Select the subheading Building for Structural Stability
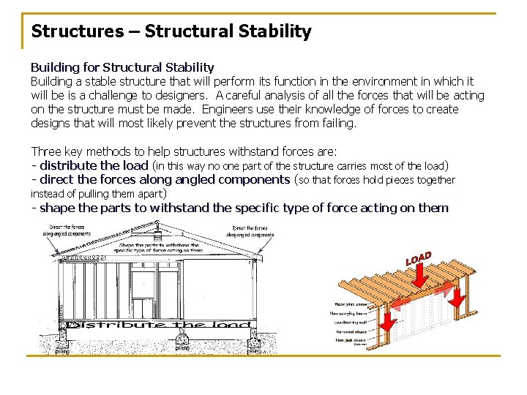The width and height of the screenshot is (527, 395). point(122,67)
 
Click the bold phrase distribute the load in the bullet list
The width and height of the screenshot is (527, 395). point(94,165)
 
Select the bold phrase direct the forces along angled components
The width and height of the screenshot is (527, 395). point(165,179)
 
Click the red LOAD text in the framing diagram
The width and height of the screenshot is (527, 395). point(419,258)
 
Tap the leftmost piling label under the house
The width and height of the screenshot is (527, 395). point(62,351)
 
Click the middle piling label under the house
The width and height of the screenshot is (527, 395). point(182,348)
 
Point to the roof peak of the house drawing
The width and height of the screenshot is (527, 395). point(157,222)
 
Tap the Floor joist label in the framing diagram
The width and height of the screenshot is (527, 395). point(351,303)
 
